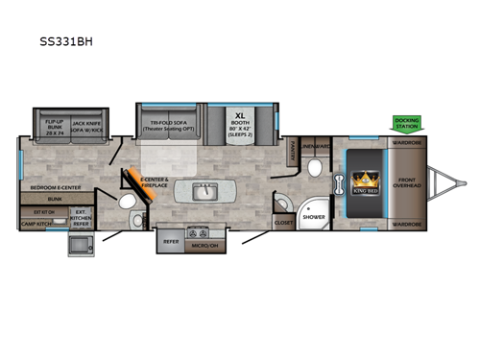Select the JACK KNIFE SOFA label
tap(88, 123)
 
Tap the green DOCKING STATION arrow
tap(405, 124)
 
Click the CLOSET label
tap(284, 221)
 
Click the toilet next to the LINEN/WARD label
tap(315, 167)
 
